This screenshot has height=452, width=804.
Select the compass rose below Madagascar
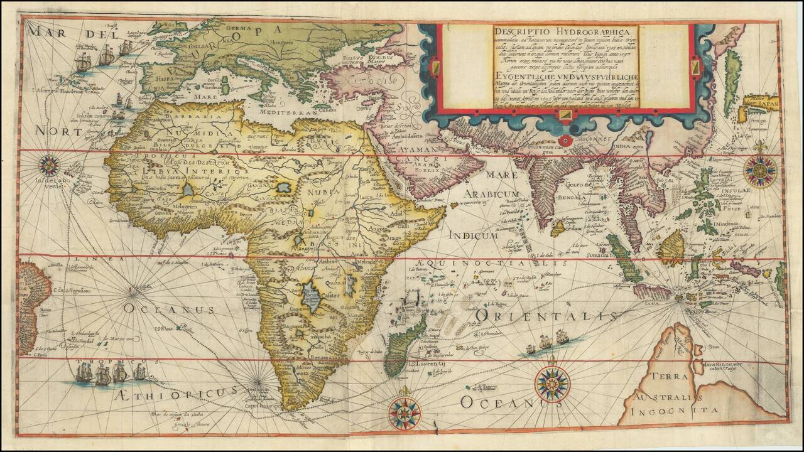pos(404,412)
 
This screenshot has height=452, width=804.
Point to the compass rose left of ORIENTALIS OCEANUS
pos(553,384)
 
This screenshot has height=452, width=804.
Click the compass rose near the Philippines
pos(760,170)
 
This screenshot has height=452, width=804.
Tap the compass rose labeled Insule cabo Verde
pos(49,166)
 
